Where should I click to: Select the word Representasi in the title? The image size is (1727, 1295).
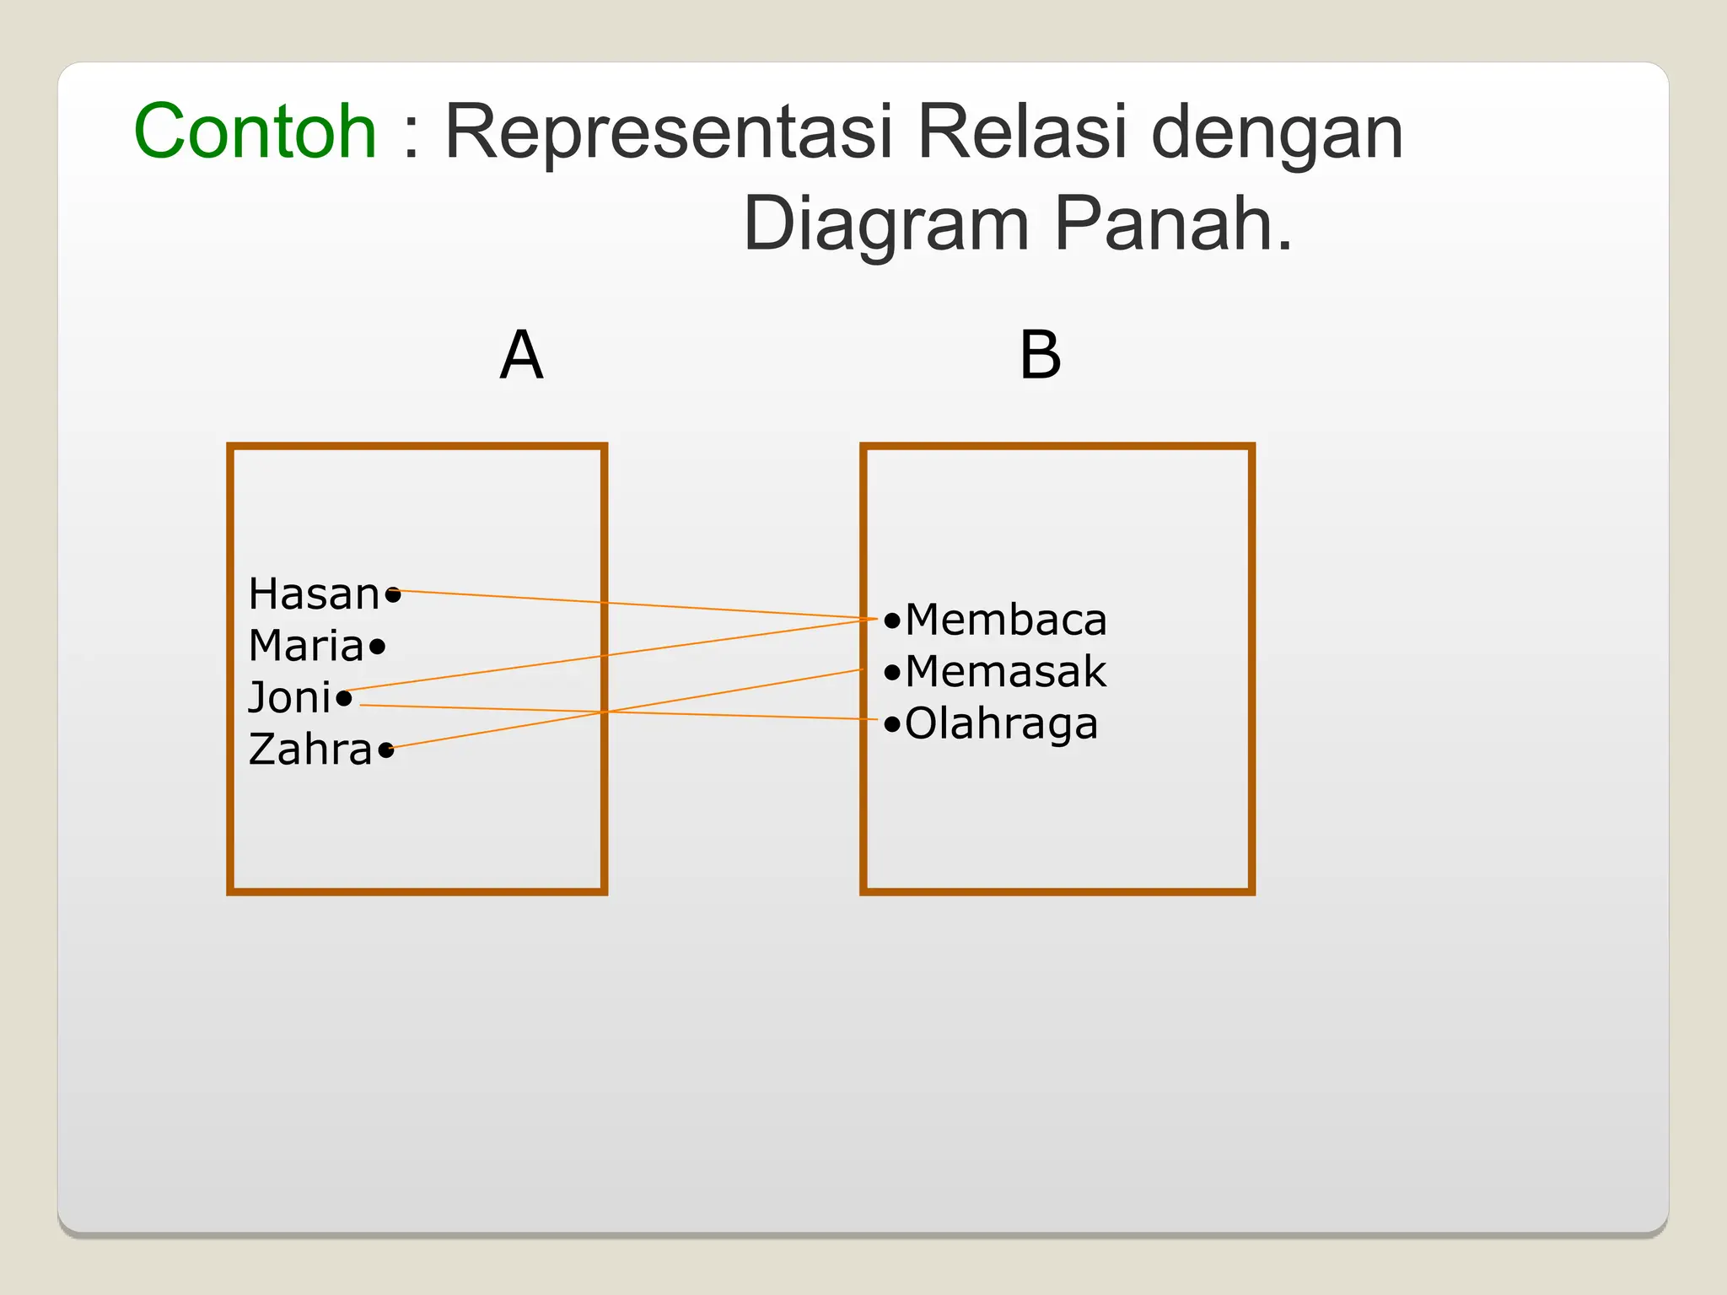click(667, 132)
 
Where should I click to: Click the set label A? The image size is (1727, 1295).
click(521, 355)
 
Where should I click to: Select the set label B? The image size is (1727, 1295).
click(1040, 355)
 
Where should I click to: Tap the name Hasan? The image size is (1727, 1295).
click(314, 594)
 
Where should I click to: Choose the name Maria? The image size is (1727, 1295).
click(306, 647)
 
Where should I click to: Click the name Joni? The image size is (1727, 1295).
click(289, 698)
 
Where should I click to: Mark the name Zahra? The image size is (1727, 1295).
click(310, 750)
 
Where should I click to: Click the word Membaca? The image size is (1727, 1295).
click(1005, 621)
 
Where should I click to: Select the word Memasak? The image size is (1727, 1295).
click(1005, 672)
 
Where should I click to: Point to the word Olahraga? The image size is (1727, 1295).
click(1001, 724)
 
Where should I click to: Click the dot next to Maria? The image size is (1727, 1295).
click(377, 647)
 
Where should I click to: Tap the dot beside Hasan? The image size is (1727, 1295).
click(393, 595)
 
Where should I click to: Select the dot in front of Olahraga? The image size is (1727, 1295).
click(892, 724)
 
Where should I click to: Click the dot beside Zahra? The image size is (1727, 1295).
click(386, 750)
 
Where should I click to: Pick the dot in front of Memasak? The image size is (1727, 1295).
click(892, 673)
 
